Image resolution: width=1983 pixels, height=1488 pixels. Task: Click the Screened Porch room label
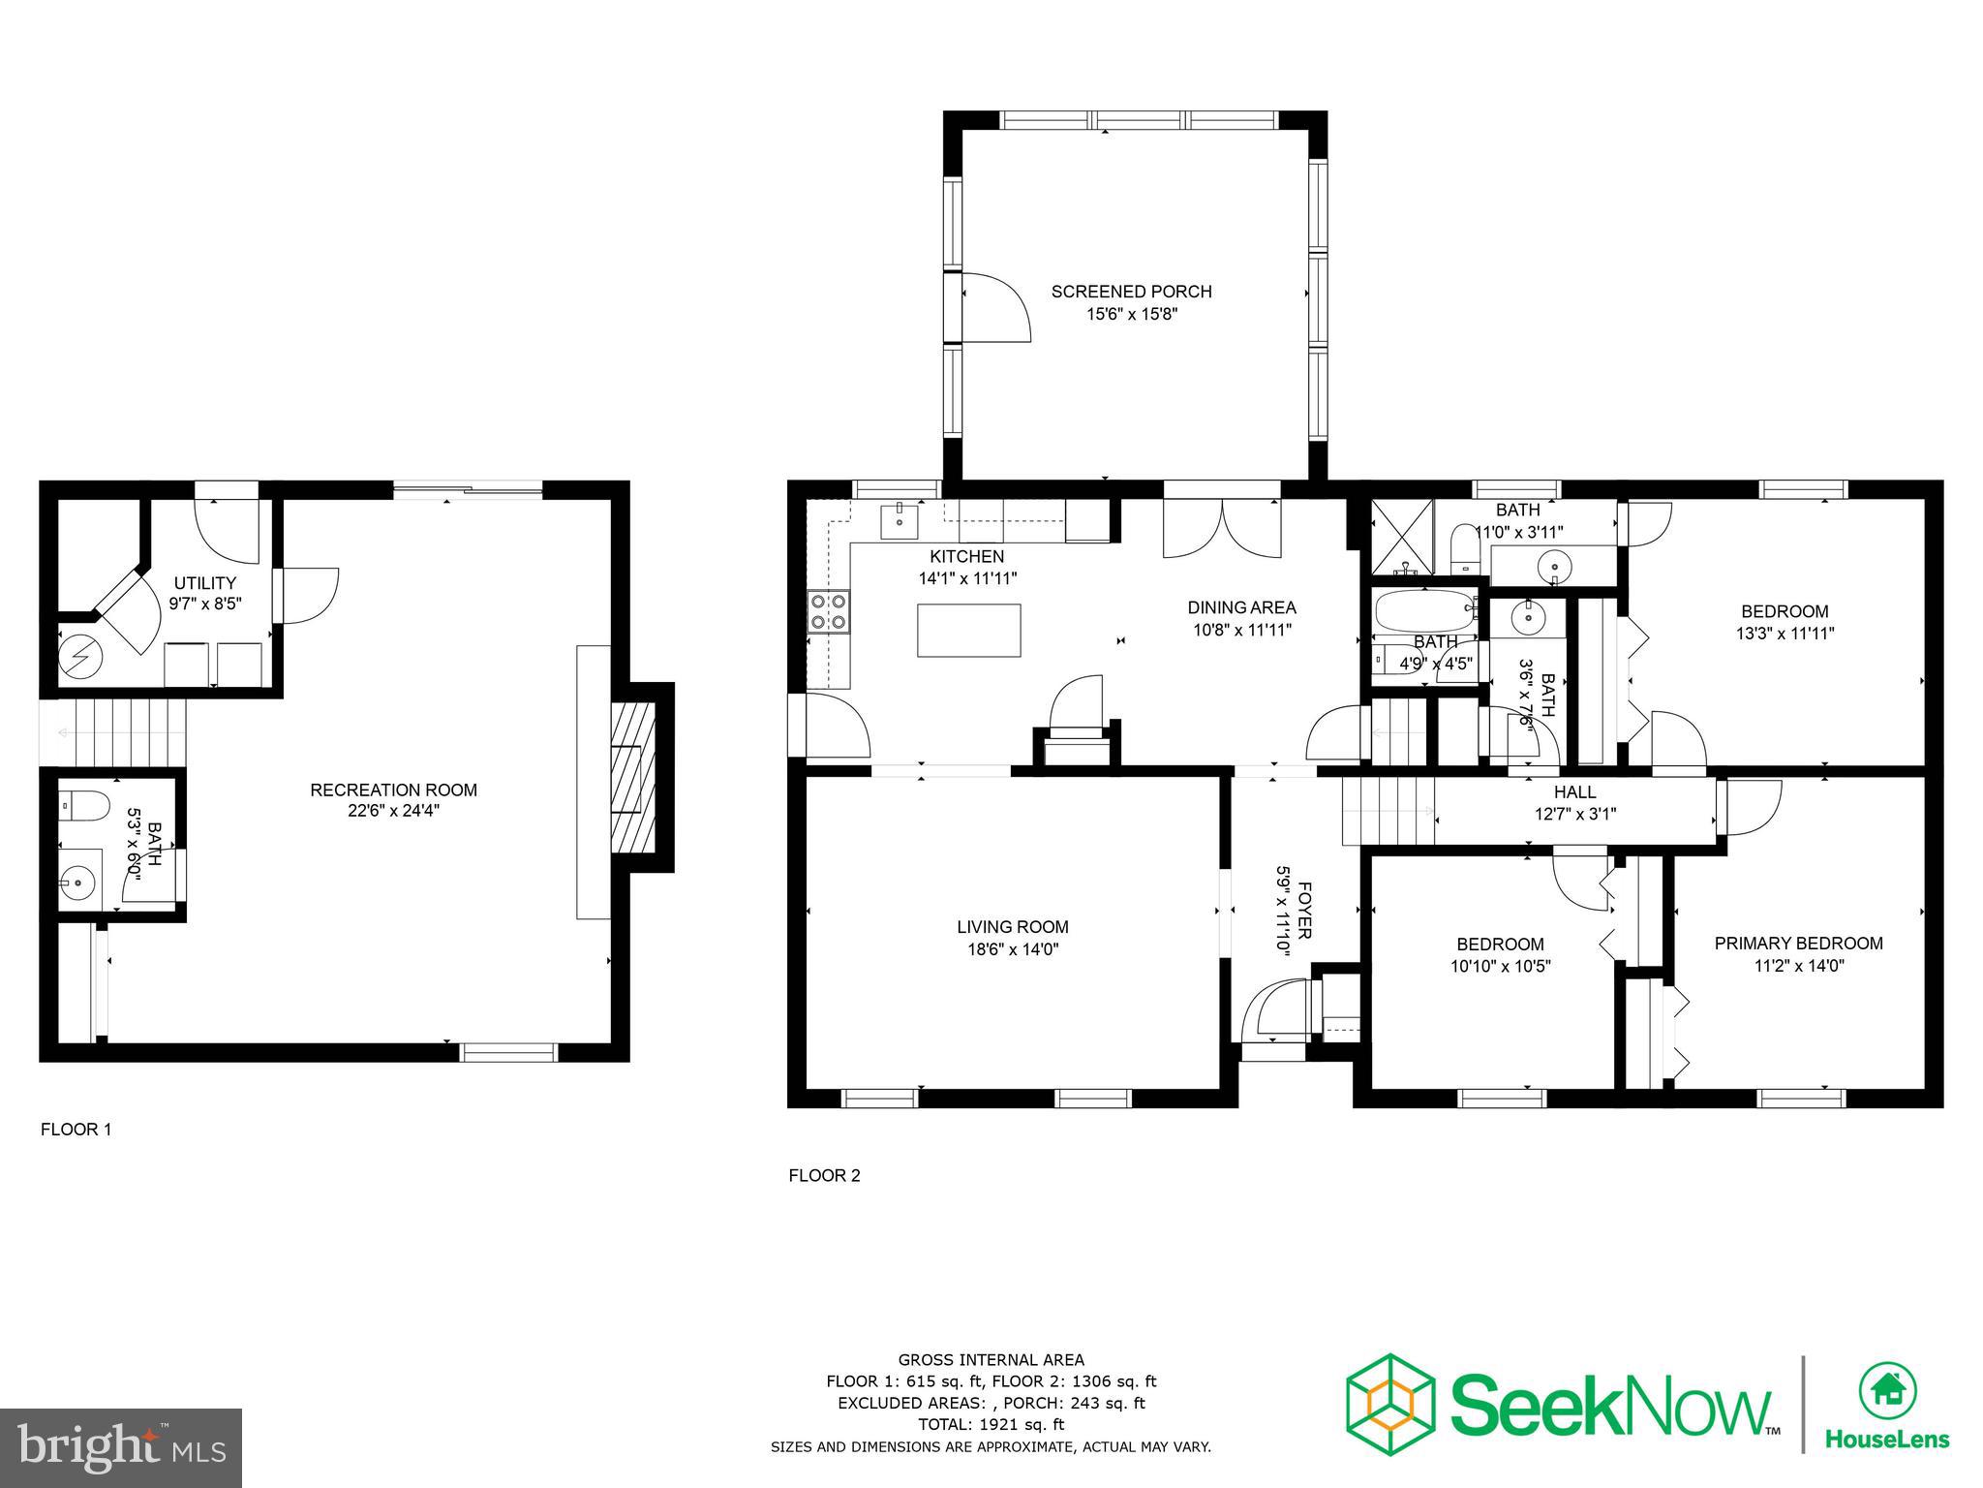pyautogui.click(x=1131, y=292)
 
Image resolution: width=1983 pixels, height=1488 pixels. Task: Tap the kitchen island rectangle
pyautogui.click(x=969, y=630)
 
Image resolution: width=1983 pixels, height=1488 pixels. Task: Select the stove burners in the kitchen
pyautogui.click(x=828, y=611)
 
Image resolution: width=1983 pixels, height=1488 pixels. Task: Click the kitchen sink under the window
pyautogui.click(x=900, y=520)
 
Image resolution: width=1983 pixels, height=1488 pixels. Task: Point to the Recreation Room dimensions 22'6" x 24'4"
pyautogui.click(x=393, y=811)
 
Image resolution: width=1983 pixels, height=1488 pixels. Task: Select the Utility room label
pyautogui.click(x=204, y=583)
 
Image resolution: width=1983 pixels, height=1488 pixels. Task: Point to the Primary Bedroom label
pyautogui.click(x=1798, y=943)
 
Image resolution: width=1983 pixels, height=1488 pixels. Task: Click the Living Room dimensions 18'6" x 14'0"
pyautogui.click(x=1013, y=950)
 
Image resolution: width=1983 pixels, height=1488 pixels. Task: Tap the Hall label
pyautogui.click(x=1574, y=792)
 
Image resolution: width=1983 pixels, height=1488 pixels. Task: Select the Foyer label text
pyautogui.click(x=1304, y=911)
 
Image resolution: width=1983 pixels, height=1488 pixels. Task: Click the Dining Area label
pyautogui.click(x=1241, y=607)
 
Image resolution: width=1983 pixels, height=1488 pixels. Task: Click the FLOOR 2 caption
pyautogui.click(x=824, y=1176)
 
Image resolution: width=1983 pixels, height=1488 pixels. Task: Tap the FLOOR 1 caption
pyautogui.click(x=76, y=1130)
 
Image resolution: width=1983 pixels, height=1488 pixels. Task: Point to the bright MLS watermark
pyautogui.click(x=121, y=1447)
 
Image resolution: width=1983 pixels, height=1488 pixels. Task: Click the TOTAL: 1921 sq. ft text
pyautogui.click(x=991, y=1424)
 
